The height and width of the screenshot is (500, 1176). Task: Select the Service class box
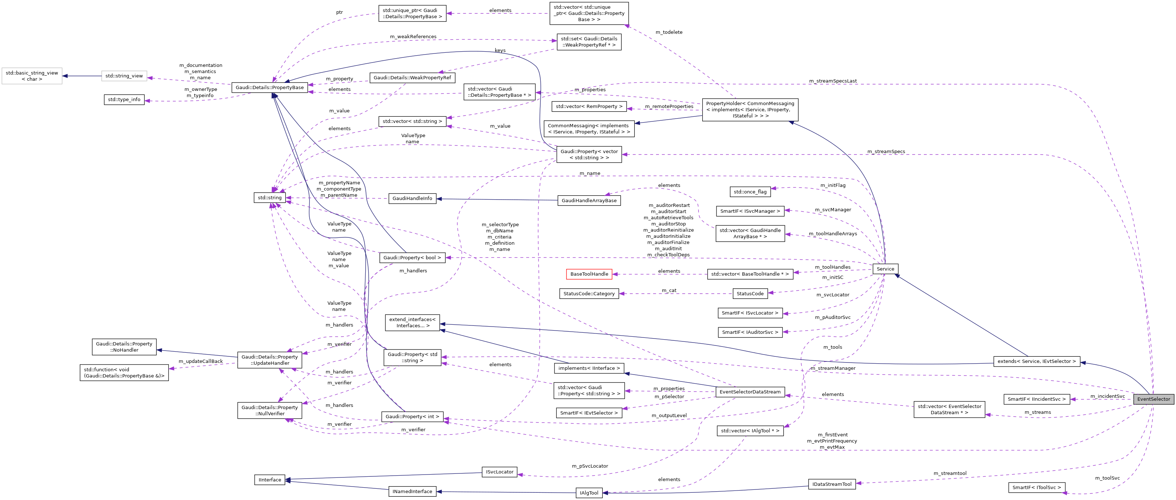[x=885, y=269]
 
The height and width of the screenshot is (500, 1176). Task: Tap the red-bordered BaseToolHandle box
[x=589, y=274]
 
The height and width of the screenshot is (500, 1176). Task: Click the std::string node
[x=269, y=197]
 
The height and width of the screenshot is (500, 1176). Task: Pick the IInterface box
[x=269, y=480]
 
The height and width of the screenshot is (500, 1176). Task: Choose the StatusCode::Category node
[x=589, y=293]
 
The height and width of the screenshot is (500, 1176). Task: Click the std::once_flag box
[x=750, y=192]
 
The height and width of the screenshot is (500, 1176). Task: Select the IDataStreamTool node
[x=832, y=484]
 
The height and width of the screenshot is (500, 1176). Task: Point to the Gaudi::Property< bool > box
[x=412, y=257]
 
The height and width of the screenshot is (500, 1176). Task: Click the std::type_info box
[x=124, y=99]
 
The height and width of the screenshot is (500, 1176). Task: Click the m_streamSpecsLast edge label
[x=832, y=81]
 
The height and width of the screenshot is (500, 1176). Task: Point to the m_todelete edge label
[x=669, y=32]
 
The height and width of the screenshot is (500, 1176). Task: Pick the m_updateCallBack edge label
[x=200, y=361]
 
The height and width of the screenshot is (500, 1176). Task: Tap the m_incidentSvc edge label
[x=1107, y=396]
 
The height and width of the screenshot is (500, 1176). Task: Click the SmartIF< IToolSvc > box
[x=1036, y=487]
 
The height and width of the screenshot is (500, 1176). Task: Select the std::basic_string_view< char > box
[x=32, y=76]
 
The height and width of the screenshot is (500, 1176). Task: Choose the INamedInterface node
[x=412, y=491]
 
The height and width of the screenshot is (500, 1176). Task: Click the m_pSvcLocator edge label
[x=589, y=466]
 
